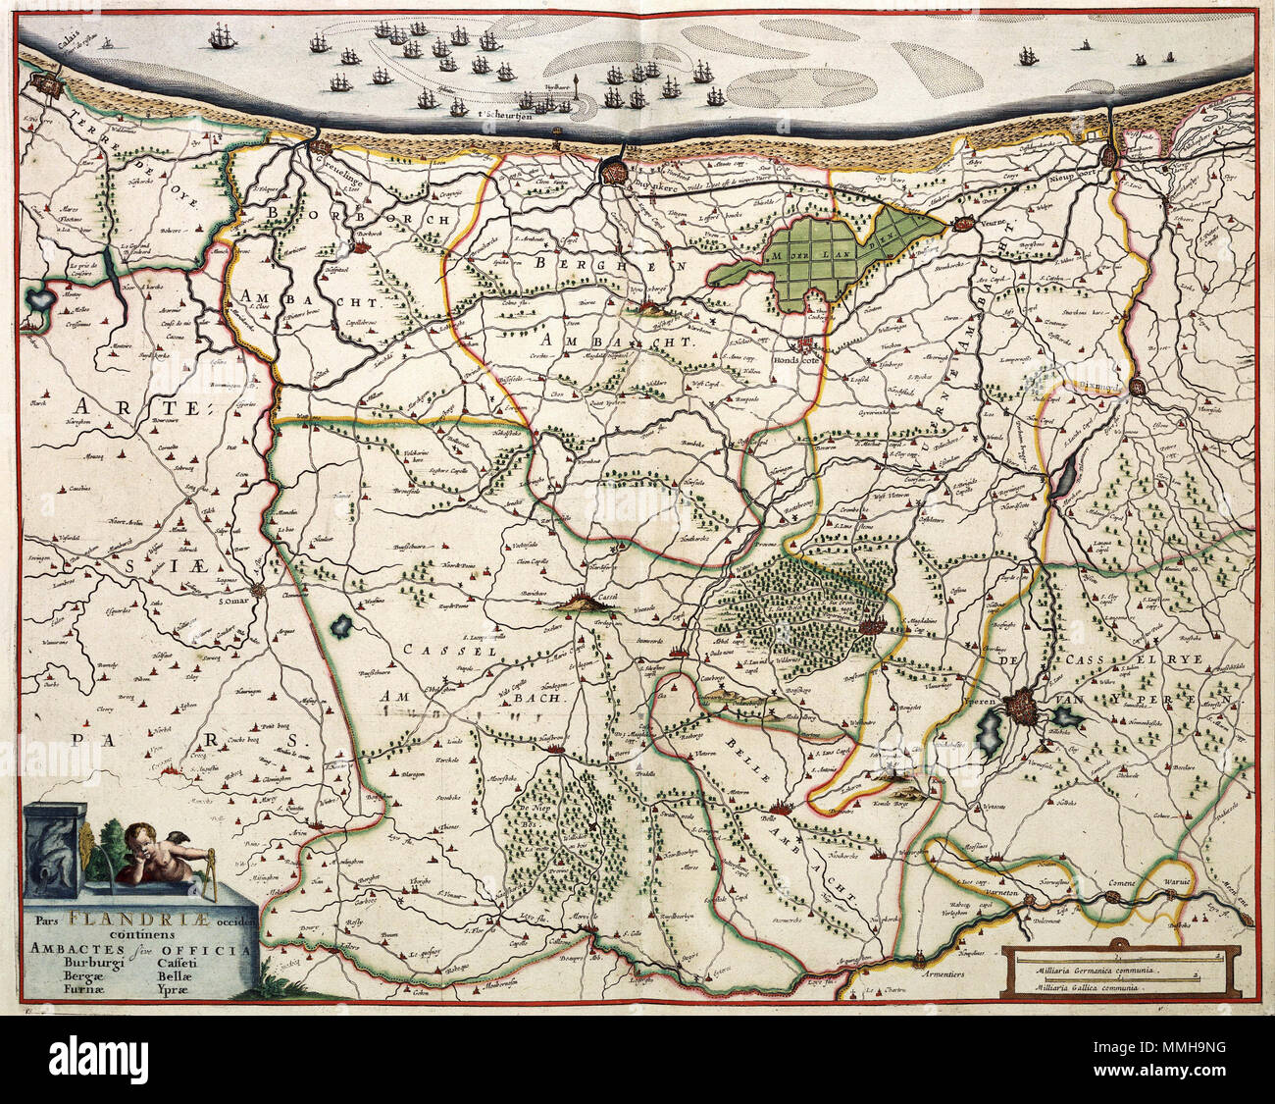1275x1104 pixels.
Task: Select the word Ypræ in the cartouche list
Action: [x=178, y=990]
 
